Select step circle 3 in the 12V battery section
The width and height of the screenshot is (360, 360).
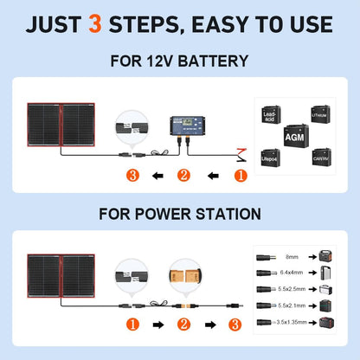pyautogui.click(x=132, y=177)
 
